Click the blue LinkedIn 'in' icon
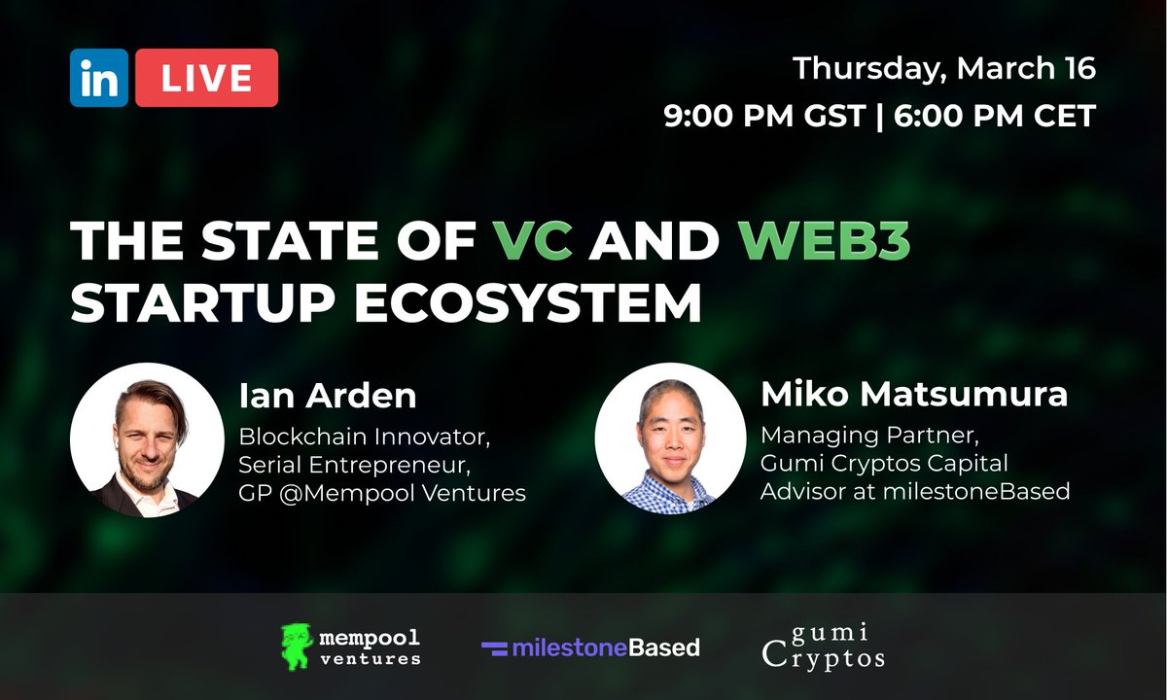pyautogui.click(x=98, y=78)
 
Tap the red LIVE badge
pyautogui.click(x=206, y=78)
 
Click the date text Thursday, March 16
pyautogui.click(x=943, y=69)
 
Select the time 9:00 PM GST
pyautogui.click(x=764, y=116)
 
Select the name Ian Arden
pyautogui.click(x=327, y=396)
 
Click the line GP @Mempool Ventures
pyautogui.click(x=381, y=493)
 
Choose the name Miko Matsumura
pyautogui.click(x=913, y=395)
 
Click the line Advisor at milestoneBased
pyautogui.click(x=914, y=491)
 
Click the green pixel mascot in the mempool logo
pyautogui.click(x=297, y=647)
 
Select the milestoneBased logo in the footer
pyautogui.click(x=590, y=647)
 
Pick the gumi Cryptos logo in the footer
pyautogui.click(x=824, y=647)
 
